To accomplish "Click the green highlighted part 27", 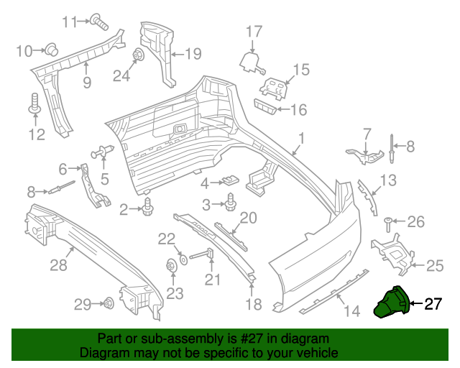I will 391,302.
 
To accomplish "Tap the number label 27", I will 432,305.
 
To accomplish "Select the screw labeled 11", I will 99,22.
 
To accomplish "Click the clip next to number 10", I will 52,50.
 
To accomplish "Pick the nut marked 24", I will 137,55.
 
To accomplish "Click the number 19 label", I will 193,53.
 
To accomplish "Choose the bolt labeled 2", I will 149,208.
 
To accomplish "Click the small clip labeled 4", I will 230,180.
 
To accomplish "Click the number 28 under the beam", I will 58,266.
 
